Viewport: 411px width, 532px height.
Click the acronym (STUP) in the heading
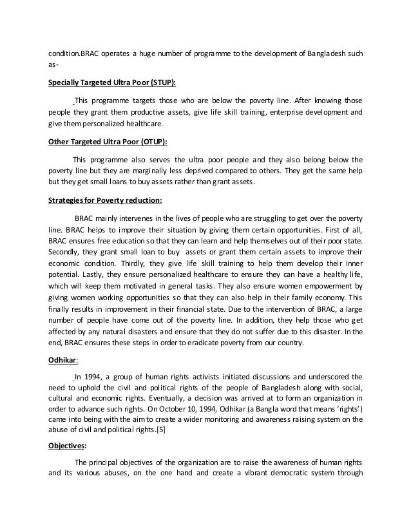tap(158, 83)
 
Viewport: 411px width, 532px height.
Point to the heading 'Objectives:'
tap(68, 445)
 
